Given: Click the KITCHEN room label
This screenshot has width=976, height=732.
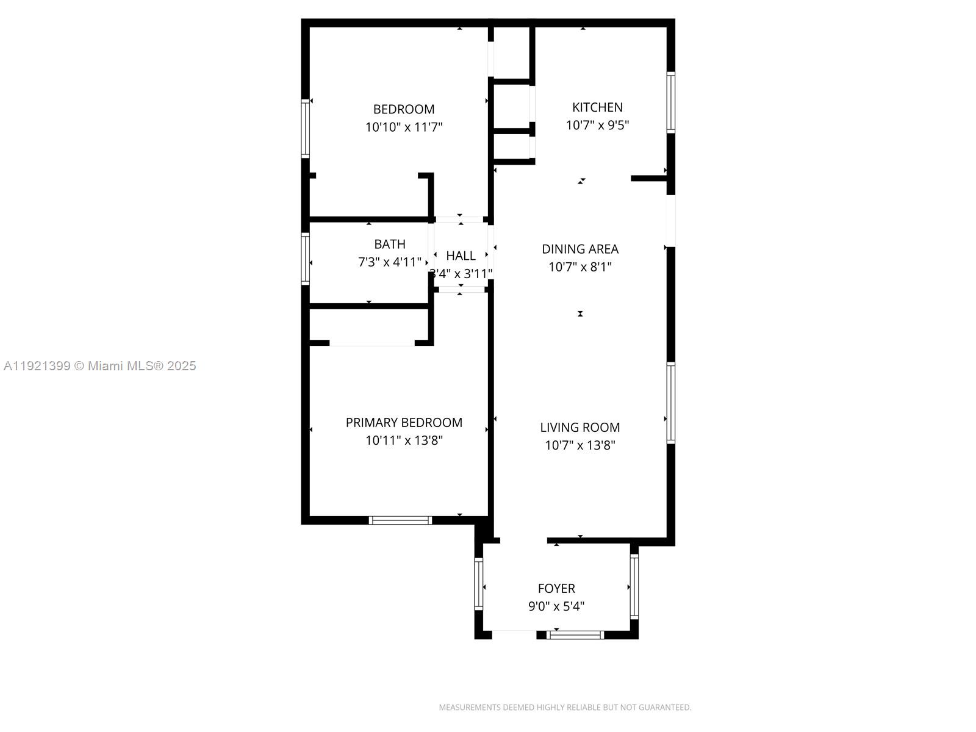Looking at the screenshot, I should coord(597,107).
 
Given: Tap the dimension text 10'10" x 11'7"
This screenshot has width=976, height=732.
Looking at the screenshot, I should coord(404,127).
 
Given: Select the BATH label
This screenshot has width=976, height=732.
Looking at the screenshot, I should coord(390,244).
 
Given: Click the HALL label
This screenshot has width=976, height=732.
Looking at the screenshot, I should coord(461,256).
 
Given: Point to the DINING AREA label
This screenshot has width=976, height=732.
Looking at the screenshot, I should coord(580,249).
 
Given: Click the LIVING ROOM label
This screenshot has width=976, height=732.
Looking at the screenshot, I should coord(580,428).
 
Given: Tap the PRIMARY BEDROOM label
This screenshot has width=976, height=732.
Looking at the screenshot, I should coord(404,422).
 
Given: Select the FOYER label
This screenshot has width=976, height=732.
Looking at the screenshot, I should coord(556,589).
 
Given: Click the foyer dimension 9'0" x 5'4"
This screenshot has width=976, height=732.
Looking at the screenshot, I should coord(556,606).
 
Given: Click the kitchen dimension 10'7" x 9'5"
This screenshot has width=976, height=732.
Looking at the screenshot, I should coord(597,125).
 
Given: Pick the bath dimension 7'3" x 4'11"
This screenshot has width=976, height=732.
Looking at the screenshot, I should coord(389,262).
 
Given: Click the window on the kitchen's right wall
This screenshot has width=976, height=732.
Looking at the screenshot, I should coord(670,102).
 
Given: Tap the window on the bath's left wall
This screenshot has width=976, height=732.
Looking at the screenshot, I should coord(306,259).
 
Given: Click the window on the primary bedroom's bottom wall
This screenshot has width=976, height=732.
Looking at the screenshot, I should coord(400,520).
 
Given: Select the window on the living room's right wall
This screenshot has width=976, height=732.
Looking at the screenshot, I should coord(670,403).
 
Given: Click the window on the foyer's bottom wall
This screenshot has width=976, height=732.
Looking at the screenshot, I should coord(575,635).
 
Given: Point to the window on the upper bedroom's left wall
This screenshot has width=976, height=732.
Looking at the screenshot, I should coord(306,129).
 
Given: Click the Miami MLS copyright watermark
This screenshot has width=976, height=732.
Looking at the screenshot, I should coord(100,366).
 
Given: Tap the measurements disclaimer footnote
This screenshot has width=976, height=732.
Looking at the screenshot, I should coord(565,708).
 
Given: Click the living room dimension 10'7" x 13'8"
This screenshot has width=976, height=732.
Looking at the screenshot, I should coord(580,445).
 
